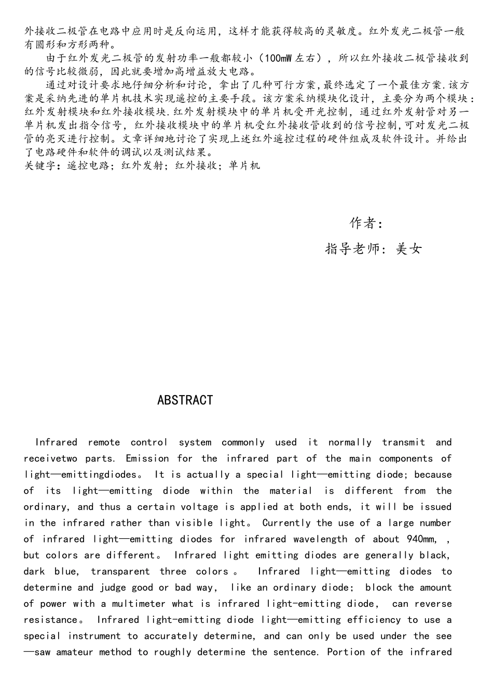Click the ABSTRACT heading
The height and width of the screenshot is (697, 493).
click(185, 400)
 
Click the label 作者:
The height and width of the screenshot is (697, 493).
click(366, 224)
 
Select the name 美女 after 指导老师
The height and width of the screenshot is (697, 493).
click(408, 249)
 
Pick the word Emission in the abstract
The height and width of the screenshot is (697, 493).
click(147, 458)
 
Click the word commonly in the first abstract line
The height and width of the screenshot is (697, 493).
click(243, 442)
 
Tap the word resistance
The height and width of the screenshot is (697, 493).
click(50, 620)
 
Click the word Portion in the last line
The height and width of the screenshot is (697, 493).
click(346, 652)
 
